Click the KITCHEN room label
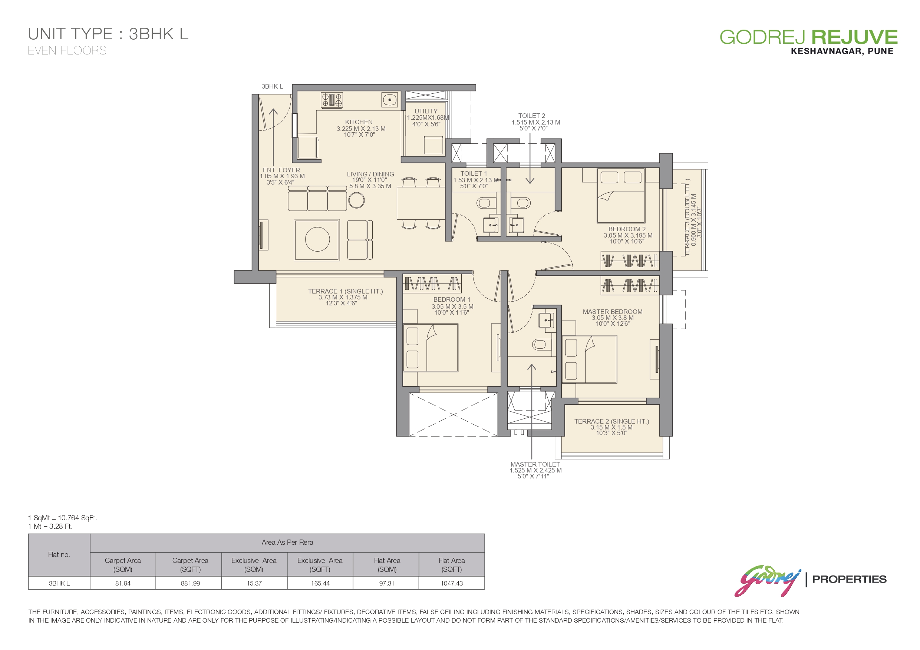pyautogui.click(x=359, y=122)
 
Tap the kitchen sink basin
pyautogui.click(x=389, y=100)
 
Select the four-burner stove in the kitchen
pyautogui.click(x=332, y=100)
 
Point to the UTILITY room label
pyautogui.click(x=426, y=111)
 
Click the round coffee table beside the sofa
pyautogui.click(x=356, y=200)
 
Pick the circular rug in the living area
pyautogui.click(x=317, y=239)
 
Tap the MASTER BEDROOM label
pyautogui.click(x=612, y=312)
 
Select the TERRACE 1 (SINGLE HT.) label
pyautogui.click(x=345, y=291)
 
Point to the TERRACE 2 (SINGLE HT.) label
pyautogui.click(x=611, y=421)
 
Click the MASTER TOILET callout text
pyautogui.click(x=535, y=464)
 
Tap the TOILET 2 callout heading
pyautogui.click(x=532, y=116)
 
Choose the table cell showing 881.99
pyautogui.click(x=190, y=583)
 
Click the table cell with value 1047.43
pyautogui.click(x=452, y=583)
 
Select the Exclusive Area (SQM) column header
pyautogui.click(x=254, y=565)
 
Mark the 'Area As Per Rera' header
pyautogui.click(x=287, y=542)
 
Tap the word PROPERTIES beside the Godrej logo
pyautogui.click(x=849, y=579)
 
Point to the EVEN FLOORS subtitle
pyautogui.click(x=67, y=50)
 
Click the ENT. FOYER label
pyautogui.click(x=281, y=170)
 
